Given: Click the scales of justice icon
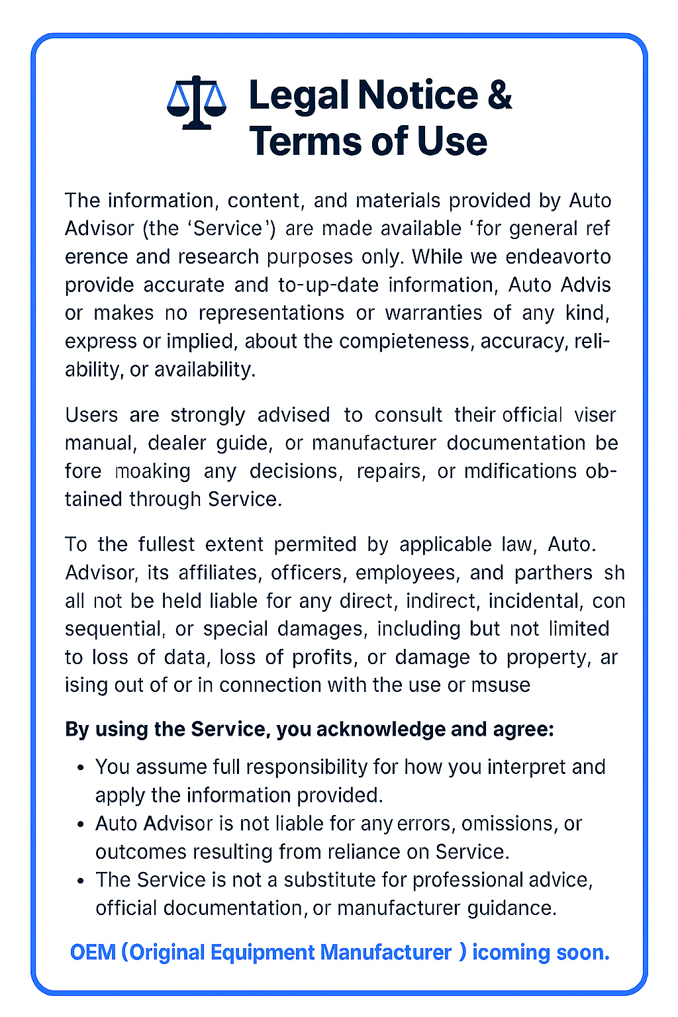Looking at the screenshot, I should coord(196,103).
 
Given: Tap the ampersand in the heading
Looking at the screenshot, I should coord(499,95).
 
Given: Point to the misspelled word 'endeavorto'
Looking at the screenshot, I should coord(558,256).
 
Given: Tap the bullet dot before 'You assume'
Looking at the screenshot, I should coord(81,767).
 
